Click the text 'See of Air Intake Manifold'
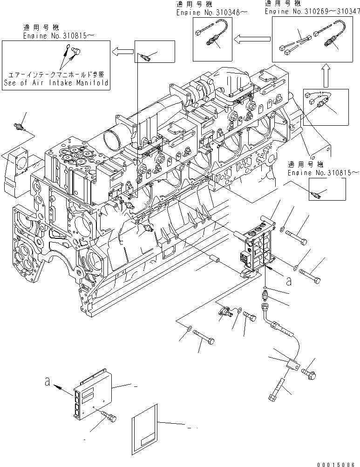pos(55,83)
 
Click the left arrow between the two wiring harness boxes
pos(251,40)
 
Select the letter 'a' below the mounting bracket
pos(290,281)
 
